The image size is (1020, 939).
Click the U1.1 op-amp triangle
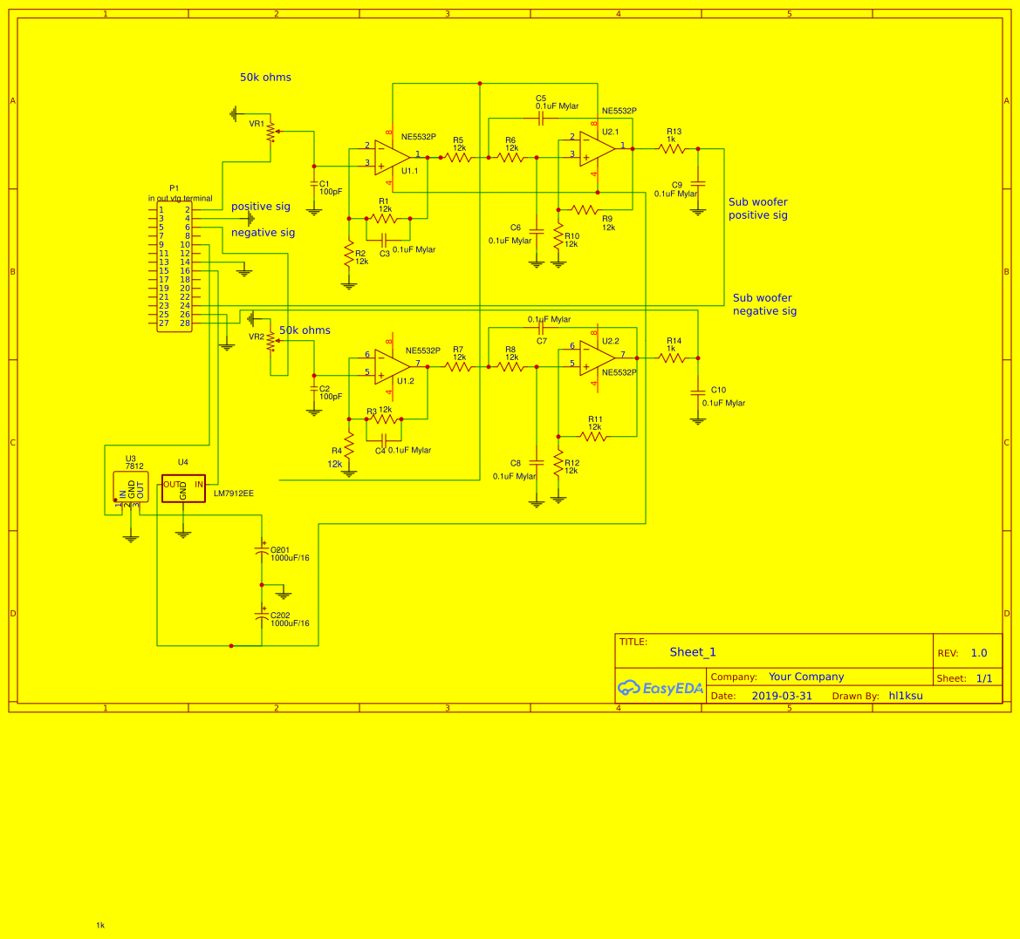click(x=393, y=157)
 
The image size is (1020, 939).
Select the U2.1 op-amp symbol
click(x=598, y=148)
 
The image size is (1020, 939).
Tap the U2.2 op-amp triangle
click(x=598, y=357)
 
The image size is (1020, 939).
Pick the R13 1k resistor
click(x=672, y=149)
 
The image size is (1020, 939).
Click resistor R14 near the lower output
click(x=672, y=358)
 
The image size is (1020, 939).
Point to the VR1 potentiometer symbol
click(x=270, y=132)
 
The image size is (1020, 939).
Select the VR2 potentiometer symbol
click(x=270, y=341)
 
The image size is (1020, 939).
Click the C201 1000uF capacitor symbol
click(x=261, y=552)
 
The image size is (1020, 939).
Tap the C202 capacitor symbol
click(x=261, y=616)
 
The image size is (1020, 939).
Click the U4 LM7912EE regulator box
click(x=183, y=488)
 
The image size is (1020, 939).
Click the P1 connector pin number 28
click(x=185, y=323)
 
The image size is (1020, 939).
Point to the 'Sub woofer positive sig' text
click(x=758, y=208)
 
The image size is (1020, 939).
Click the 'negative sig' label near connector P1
click(x=263, y=233)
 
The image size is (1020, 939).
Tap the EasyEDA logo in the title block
click(x=661, y=688)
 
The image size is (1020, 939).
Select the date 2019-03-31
click(x=782, y=696)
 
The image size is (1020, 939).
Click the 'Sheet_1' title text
click(x=693, y=652)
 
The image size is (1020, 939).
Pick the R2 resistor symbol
click(x=349, y=255)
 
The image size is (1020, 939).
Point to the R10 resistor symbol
click(x=558, y=237)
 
